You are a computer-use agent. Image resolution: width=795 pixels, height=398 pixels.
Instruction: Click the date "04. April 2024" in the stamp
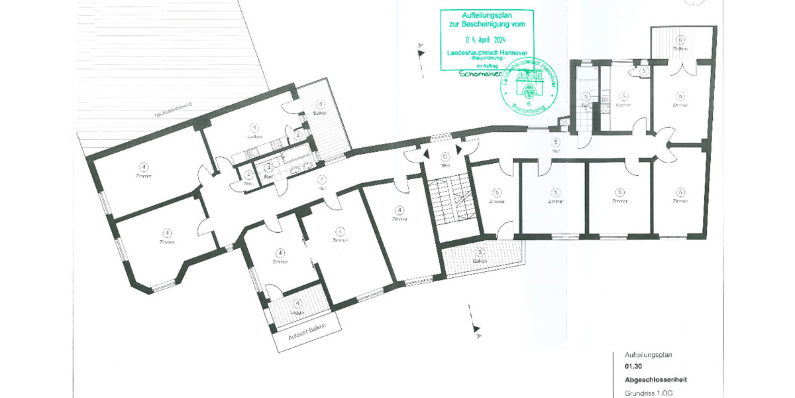click(x=486, y=40)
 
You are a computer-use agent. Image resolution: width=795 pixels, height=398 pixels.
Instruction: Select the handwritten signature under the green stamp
click(x=478, y=74)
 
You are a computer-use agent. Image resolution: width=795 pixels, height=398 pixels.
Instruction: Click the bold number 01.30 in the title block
click(x=633, y=366)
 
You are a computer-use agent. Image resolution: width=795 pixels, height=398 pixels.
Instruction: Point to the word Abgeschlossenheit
click(x=655, y=380)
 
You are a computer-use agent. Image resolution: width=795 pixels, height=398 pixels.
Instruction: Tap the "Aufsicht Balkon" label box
click(x=307, y=336)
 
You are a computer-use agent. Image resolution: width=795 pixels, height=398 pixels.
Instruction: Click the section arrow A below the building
click(x=476, y=328)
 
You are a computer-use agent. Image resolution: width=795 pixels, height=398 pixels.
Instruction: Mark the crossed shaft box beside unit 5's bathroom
click(x=564, y=122)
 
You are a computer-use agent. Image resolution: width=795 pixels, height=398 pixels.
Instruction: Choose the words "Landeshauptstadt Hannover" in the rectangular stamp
click(x=486, y=53)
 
